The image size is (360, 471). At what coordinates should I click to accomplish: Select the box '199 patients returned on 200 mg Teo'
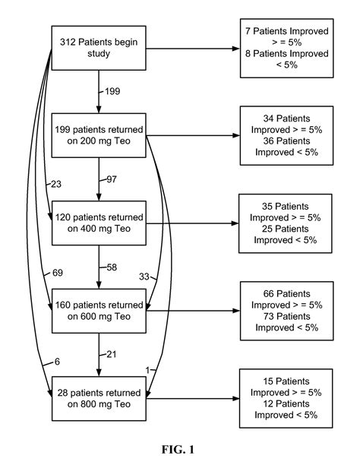point(99,134)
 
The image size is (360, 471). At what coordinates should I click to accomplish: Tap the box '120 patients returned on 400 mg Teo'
point(99,224)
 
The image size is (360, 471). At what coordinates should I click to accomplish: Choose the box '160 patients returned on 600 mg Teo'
point(99,312)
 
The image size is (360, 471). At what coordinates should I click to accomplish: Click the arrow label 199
point(112,93)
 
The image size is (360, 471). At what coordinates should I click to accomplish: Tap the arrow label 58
point(112,269)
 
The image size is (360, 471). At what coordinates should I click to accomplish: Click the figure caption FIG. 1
point(178,450)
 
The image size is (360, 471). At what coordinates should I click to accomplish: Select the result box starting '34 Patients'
point(286,136)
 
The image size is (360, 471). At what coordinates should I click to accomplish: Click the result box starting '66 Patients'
point(286,311)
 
